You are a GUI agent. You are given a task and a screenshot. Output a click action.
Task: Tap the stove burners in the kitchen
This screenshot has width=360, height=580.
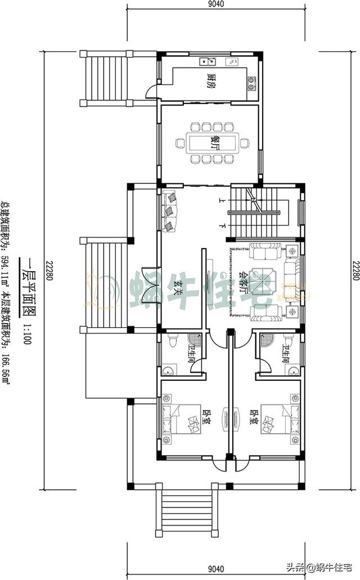[251, 83]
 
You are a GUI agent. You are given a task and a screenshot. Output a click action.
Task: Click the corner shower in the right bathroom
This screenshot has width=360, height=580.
[264, 341]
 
